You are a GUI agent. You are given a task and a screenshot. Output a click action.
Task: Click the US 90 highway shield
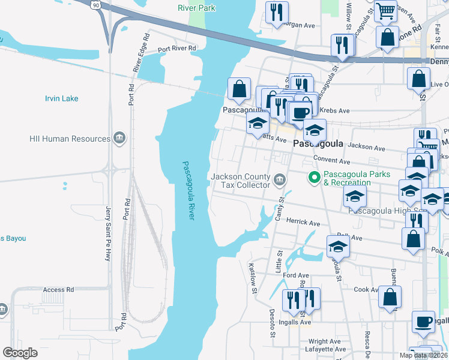pyautogui.click(x=95, y=4)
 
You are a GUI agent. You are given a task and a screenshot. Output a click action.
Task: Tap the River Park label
pyautogui.click(x=196, y=8)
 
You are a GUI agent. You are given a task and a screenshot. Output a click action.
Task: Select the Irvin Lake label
pyautogui.click(x=62, y=98)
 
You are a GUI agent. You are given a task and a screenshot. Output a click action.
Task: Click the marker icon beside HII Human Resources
pyautogui.click(x=119, y=139)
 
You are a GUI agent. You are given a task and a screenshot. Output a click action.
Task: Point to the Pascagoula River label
pyautogui.click(x=188, y=191)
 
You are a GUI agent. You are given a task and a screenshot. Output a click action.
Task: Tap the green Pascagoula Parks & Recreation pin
pyautogui.click(x=313, y=178)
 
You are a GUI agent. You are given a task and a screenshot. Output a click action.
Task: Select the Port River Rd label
pyautogui.click(x=177, y=48)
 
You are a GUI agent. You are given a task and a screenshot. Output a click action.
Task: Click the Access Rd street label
pyautogui.click(x=58, y=290)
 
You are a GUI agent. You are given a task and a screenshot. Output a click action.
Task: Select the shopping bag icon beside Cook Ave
pyautogui.click(x=390, y=296)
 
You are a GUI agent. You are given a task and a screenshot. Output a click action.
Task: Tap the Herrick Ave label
pyautogui.click(x=303, y=223)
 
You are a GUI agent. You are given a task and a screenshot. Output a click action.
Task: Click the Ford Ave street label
pyautogui.click(x=296, y=275)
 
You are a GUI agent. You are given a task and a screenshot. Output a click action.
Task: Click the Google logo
pyautogui.click(x=20, y=353)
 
